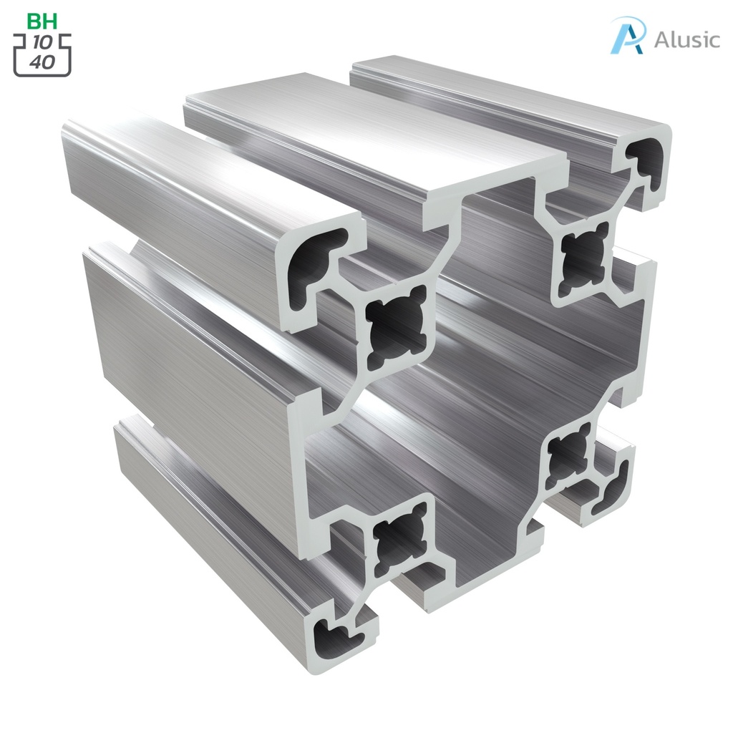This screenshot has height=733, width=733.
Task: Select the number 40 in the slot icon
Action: pyautogui.click(x=42, y=62)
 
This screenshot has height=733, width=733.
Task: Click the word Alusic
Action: pyautogui.click(x=686, y=39)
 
